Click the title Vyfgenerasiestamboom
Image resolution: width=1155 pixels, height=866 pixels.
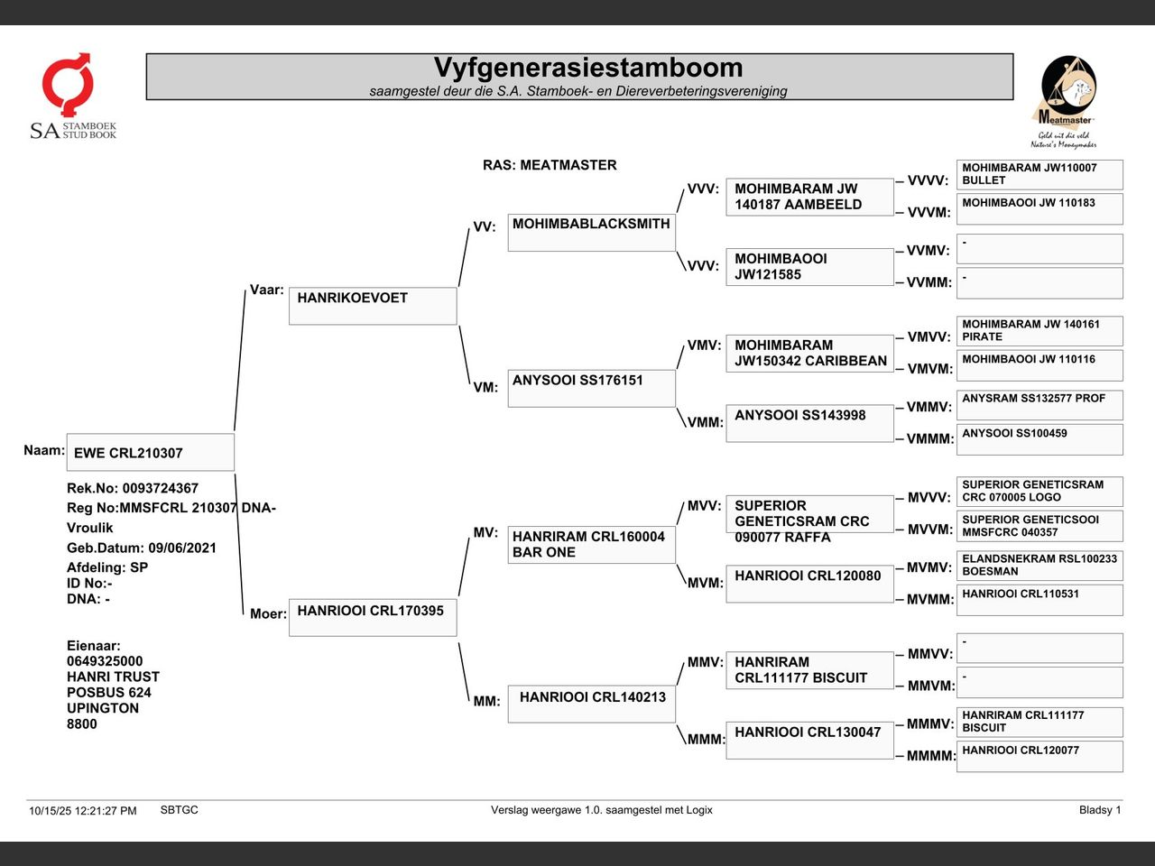pyautogui.click(x=587, y=68)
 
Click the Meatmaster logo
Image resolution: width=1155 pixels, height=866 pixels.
pyautogui.click(x=1065, y=101)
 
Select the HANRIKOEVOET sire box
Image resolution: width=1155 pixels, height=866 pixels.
pyautogui.click(x=372, y=305)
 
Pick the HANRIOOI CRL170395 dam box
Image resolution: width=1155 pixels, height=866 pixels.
pyautogui.click(x=372, y=617)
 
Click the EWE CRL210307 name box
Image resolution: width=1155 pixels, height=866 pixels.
pyautogui.click(x=150, y=452)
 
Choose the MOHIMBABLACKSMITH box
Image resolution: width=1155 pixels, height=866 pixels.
pyautogui.click(x=591, y=232)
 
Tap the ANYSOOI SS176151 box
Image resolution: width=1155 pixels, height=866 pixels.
pyautogui.click(x=591, y=388)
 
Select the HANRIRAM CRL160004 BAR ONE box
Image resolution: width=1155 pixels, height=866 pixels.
pyautogui.click(x=591, y=545)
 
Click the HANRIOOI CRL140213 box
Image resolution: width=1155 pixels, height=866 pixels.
pyautogui.click(x=591, y=704)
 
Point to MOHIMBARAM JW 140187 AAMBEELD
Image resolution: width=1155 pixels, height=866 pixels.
pyautogui.click(x=808, y=197)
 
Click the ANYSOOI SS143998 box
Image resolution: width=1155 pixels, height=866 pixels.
pyautogui.click(x=808, y=422)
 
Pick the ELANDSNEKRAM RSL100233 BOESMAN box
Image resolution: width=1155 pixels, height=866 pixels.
pyautogui.click(x=1039, y=565)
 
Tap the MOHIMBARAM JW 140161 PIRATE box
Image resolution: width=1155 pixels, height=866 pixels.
pyautogui.click(x=1039, y=330)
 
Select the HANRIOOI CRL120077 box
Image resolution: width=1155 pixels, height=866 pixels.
pyautogui.click(x=1039, y=756)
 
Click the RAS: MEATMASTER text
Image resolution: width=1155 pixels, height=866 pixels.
pyautogui.click(x=550, y=165)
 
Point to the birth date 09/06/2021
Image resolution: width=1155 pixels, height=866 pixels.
pyautogui.click(x=182, y=548)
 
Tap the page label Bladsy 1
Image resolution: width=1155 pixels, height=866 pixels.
pyautogui.click(x=1099, y=810)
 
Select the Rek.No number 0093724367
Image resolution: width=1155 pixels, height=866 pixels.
pyautogui.click(x=160, y=488)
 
